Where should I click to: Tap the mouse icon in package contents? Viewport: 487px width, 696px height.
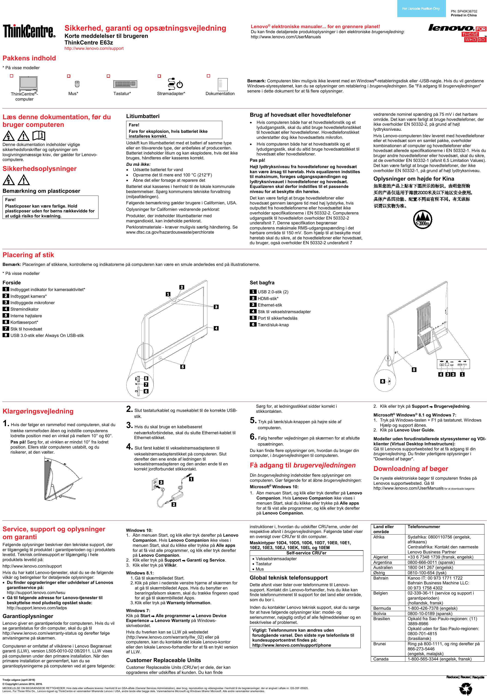click(x=77, y=84)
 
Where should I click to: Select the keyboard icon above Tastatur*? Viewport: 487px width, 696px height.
click(x=125, y=84)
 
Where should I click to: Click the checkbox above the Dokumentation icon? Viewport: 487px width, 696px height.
click(x=208, y=76)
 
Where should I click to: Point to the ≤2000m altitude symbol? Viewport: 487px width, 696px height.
click(x=422, y=220)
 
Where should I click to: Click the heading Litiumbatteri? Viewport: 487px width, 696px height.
click(x=143, y=116)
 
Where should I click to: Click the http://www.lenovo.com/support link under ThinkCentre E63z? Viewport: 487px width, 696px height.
click(x=94, y=48)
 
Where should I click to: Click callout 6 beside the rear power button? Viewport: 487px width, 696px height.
click(x=383, y=381)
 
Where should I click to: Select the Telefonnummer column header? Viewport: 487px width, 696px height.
click(x=424, y=527)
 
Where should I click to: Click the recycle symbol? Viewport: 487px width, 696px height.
click(x=466, y=688)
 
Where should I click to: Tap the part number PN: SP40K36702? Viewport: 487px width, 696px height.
click(x=464, y=11)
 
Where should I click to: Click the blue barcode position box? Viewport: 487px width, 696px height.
click(x=421, y=9)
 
